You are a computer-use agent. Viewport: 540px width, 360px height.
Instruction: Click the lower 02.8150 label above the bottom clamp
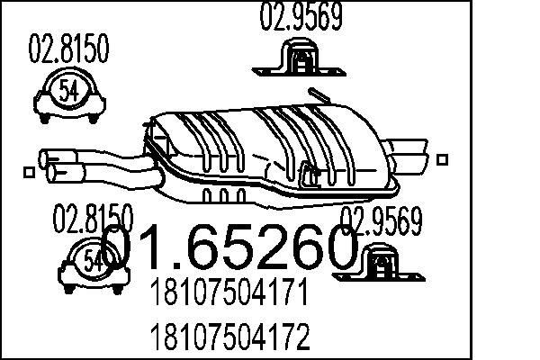click(x=94, y=220)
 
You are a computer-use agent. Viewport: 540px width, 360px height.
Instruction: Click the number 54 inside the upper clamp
click(x=68, y=90)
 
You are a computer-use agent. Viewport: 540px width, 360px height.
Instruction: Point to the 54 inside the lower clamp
click(x=93, y=261)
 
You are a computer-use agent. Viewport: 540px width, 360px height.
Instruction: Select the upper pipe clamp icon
click(x=68, y=94)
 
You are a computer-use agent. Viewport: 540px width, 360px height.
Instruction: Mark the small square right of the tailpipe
click(x=441, y=158)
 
